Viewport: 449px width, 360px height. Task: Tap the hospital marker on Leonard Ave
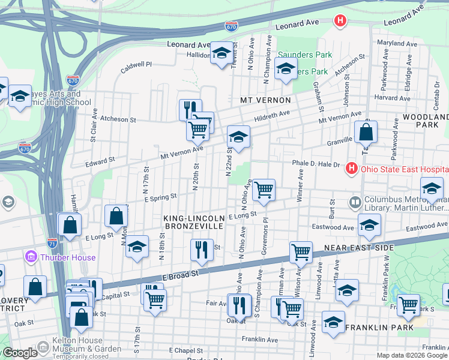coord(340,21)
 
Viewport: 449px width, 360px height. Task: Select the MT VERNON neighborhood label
coord(265,100)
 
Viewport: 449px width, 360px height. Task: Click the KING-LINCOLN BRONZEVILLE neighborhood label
coord(193,221)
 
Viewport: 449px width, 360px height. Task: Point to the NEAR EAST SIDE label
coord(358,248)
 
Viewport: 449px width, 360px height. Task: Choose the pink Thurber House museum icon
coord(31,257)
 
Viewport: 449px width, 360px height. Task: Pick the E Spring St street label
coord(160,196)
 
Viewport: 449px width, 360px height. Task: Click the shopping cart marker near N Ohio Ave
coord(264,190)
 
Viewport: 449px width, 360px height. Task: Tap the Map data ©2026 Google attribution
coord(412,355)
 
